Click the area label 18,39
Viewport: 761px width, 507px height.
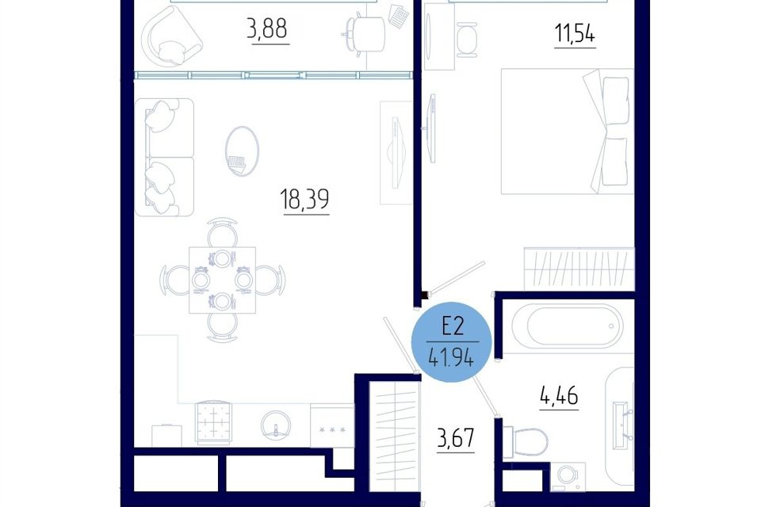(304, 199)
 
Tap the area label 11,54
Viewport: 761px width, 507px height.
(576, 34)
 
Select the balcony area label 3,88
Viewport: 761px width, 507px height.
(267, 29)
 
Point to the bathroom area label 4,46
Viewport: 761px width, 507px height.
(559, 396)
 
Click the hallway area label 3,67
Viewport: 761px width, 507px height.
(455, 439)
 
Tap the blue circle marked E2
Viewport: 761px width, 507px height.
(452, 342)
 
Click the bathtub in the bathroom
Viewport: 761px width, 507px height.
(567, 326)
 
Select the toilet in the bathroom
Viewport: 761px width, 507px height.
(525, 441)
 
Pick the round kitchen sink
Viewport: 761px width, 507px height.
(276, 426)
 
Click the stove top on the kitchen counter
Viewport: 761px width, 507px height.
(213, 422)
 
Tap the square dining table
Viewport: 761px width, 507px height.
(222, 280)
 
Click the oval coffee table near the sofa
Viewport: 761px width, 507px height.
(243, 151)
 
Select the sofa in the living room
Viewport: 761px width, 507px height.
(164, 157)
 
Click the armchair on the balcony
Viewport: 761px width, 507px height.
(173, 36)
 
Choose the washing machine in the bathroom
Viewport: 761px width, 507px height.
(568, 475)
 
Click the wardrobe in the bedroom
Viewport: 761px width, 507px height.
(579, 269)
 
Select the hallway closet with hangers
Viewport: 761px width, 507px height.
(395, 436)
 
